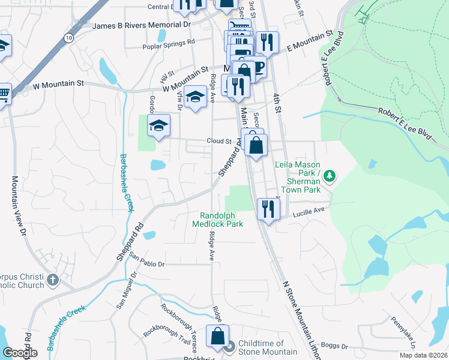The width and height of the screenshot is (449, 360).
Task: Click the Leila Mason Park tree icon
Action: tap(329, 176)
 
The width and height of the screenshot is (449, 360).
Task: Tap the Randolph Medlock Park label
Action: tap(217, 219)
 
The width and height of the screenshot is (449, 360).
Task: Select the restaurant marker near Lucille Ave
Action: tap(268, 209)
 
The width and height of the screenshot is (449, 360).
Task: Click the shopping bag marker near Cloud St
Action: tap(256, 146)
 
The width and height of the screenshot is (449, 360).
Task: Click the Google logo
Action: tap(19, 353)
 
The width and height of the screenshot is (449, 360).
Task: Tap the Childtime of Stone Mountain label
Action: tap(267, 347)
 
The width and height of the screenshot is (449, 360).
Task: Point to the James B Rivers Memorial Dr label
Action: tap(142, 25)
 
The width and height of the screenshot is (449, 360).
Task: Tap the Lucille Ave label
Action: tap(309, 211)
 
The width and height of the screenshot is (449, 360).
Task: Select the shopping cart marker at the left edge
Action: tap(4, 94)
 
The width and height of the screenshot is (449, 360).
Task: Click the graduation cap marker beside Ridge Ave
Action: tap(194, 97)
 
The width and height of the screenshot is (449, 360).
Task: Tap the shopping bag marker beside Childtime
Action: tap(217, 337)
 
